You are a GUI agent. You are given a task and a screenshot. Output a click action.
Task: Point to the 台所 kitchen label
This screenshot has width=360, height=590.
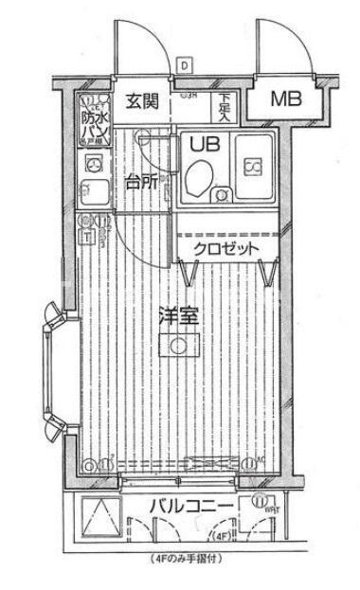tap(140, 184)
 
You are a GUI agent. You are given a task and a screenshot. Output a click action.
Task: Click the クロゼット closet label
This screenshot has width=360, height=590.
tap(226, 249)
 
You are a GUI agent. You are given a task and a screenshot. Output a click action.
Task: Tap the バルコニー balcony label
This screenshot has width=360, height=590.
tap(190, 509)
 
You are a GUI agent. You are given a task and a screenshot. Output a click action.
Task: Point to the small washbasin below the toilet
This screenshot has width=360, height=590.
tap(221, 196)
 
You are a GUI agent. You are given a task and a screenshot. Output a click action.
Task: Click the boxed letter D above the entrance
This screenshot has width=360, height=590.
tap(184, 65)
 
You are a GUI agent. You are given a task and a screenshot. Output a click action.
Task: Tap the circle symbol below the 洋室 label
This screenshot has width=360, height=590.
tap(178, 347)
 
